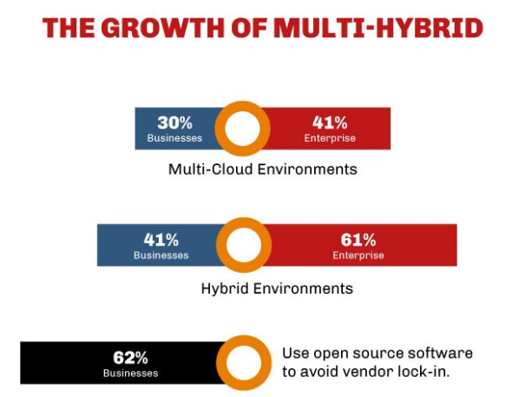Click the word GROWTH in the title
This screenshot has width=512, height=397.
163,28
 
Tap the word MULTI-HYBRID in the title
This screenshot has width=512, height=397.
379,28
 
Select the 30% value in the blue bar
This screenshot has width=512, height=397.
174,122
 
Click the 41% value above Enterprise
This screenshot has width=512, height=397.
330,122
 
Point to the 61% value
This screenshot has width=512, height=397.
358,240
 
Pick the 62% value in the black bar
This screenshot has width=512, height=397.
131,357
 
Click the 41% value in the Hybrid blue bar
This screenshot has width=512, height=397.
161,240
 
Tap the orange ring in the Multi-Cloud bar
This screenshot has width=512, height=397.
219,129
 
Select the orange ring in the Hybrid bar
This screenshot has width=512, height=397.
220,245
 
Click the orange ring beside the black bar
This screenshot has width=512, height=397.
220,363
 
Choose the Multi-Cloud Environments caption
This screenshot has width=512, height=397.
263,169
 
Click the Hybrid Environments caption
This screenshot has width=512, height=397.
277,289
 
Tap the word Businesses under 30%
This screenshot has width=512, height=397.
174,138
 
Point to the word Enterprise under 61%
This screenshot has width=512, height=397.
358,255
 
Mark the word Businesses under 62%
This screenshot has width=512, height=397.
131,373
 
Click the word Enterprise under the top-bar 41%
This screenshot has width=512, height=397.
330,138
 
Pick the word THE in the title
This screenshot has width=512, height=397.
69,28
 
